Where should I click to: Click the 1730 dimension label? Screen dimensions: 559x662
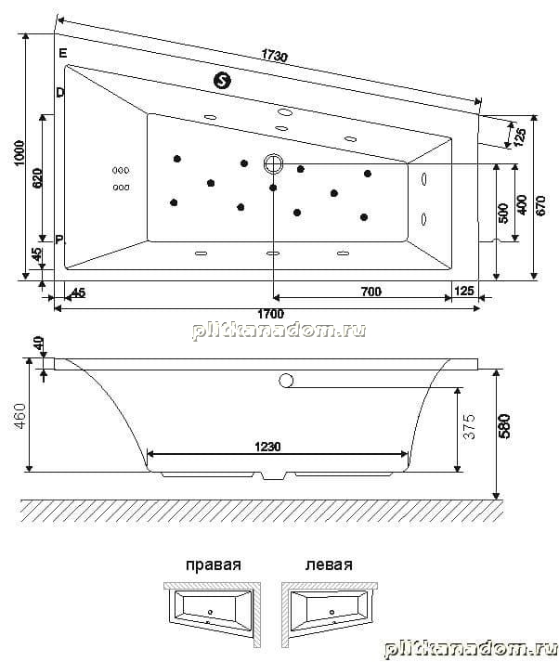(275, 56)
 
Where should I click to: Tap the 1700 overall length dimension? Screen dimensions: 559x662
(270, 314)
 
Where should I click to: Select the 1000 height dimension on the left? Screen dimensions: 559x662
(19, 153)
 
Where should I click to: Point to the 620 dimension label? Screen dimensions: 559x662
(37, 178)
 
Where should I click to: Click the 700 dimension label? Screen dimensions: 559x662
(371, 292)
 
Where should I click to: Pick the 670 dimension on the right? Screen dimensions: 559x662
(540, 205)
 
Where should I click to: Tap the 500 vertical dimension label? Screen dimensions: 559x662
(503, 214)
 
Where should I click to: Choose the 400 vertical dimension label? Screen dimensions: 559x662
(522, 205)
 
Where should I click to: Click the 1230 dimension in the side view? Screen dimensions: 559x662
(267, 447)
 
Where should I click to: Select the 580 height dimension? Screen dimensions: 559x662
(505, 426)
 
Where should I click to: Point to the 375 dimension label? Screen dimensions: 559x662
(469, 427)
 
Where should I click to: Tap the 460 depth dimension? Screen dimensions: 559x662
(19, 416)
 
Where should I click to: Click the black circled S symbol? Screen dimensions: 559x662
(222, 80)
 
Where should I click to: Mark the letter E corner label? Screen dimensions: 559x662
(63, 53)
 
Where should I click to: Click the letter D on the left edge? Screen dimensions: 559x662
(60, 93)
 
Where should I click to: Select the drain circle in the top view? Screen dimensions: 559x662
(273, 163)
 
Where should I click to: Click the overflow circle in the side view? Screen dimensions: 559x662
(286, 381)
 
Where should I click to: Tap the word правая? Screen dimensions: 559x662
(214, 565)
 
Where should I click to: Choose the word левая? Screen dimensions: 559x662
(329, 565)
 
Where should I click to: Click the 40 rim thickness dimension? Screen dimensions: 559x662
(38, 344)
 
